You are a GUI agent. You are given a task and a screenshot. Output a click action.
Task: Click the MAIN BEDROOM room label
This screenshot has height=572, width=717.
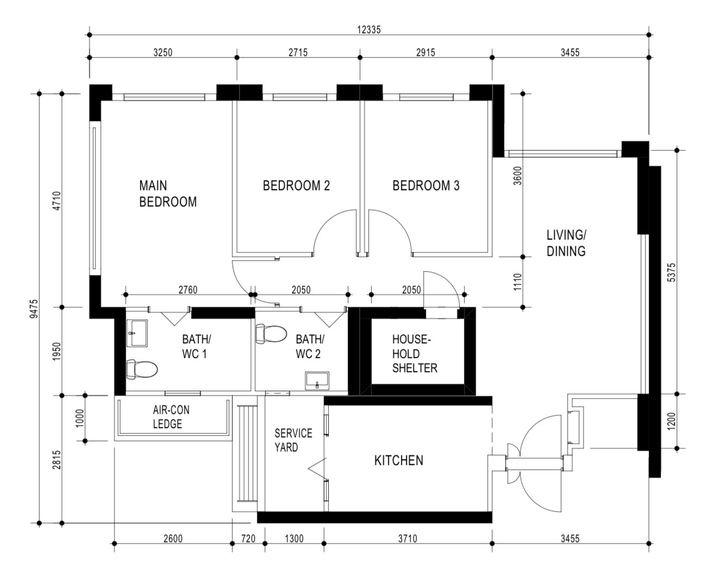pyautogui.click(x=168, y=193)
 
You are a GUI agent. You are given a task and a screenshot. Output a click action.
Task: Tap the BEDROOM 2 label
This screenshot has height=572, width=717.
pyautogui.click(x=296, y=185)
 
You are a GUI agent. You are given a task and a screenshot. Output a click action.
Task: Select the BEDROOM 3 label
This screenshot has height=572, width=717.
pyautogui.click(x=426, y=185)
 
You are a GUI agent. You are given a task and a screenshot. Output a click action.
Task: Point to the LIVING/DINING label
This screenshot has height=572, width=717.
pyautogui.click(x=566, y=243)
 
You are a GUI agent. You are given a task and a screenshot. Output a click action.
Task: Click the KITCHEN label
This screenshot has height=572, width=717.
pyautogui.click(x=399, y=461)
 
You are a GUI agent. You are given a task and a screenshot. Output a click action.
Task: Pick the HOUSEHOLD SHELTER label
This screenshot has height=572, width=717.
pyautogui.click(x=414, y=354)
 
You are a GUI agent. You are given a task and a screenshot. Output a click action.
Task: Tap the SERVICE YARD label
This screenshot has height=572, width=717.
pyautogui.click(x=293, y=440)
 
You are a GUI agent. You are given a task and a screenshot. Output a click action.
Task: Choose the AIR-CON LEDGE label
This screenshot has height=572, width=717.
pyautogui.click(x=171, y=417)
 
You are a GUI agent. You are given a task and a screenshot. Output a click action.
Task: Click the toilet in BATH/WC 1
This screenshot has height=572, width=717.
pyautogui.click(x=141, y=369)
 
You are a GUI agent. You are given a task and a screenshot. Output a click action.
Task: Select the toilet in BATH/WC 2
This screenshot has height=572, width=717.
pyautogui.click(x=271, y=334)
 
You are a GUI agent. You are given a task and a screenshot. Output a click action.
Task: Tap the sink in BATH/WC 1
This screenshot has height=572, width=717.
pyautogui.click(x=137, y=334)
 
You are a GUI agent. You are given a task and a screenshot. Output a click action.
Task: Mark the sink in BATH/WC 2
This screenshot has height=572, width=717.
pyautogui.click(x=317, y=381)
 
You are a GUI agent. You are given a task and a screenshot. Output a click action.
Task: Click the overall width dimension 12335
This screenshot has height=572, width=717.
pyautogui.click(x=369, y=30)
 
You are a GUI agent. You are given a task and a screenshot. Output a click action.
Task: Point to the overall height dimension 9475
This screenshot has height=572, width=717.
pyautogui.click(x=34, y=309)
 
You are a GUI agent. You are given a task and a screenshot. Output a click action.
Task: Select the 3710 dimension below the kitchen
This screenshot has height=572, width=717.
pyautogui.click(x=408, y=538)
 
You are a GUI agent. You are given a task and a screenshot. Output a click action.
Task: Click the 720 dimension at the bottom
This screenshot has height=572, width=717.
pyautogui.click(x=248, y=538)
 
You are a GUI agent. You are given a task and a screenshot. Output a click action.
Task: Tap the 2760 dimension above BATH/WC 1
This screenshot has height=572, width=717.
pyautogui.click(x=188, y=290)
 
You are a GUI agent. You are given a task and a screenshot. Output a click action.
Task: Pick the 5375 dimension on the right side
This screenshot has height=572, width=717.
pyautogui.click(x=672, y=272)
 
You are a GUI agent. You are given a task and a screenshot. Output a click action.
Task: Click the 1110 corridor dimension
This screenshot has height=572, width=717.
pyautogui.click(x=517, y=282)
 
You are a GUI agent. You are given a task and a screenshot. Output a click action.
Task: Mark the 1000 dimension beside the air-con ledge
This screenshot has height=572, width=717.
pyautogui.click(x=79, y=418)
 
